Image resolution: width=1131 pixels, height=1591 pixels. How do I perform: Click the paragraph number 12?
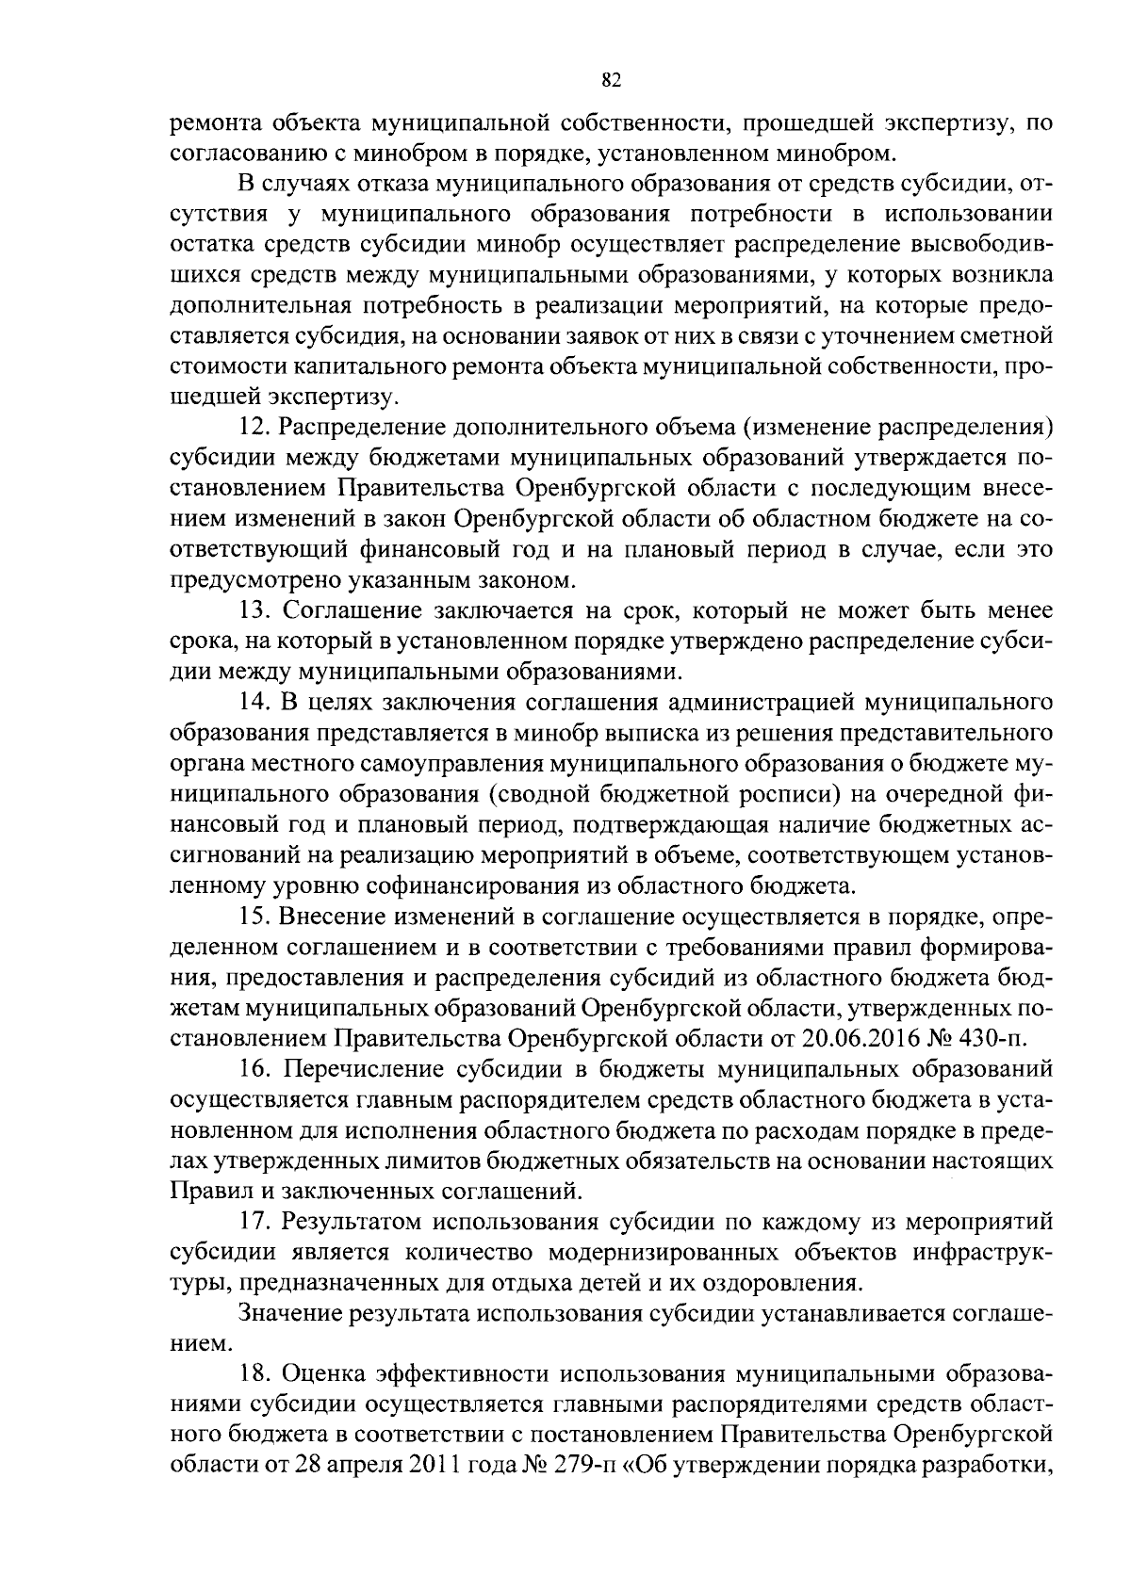tap(254, 427)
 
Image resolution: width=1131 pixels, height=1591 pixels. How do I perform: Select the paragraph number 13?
tap(254, 610)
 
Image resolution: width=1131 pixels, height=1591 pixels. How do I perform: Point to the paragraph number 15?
tap(254, 916)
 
